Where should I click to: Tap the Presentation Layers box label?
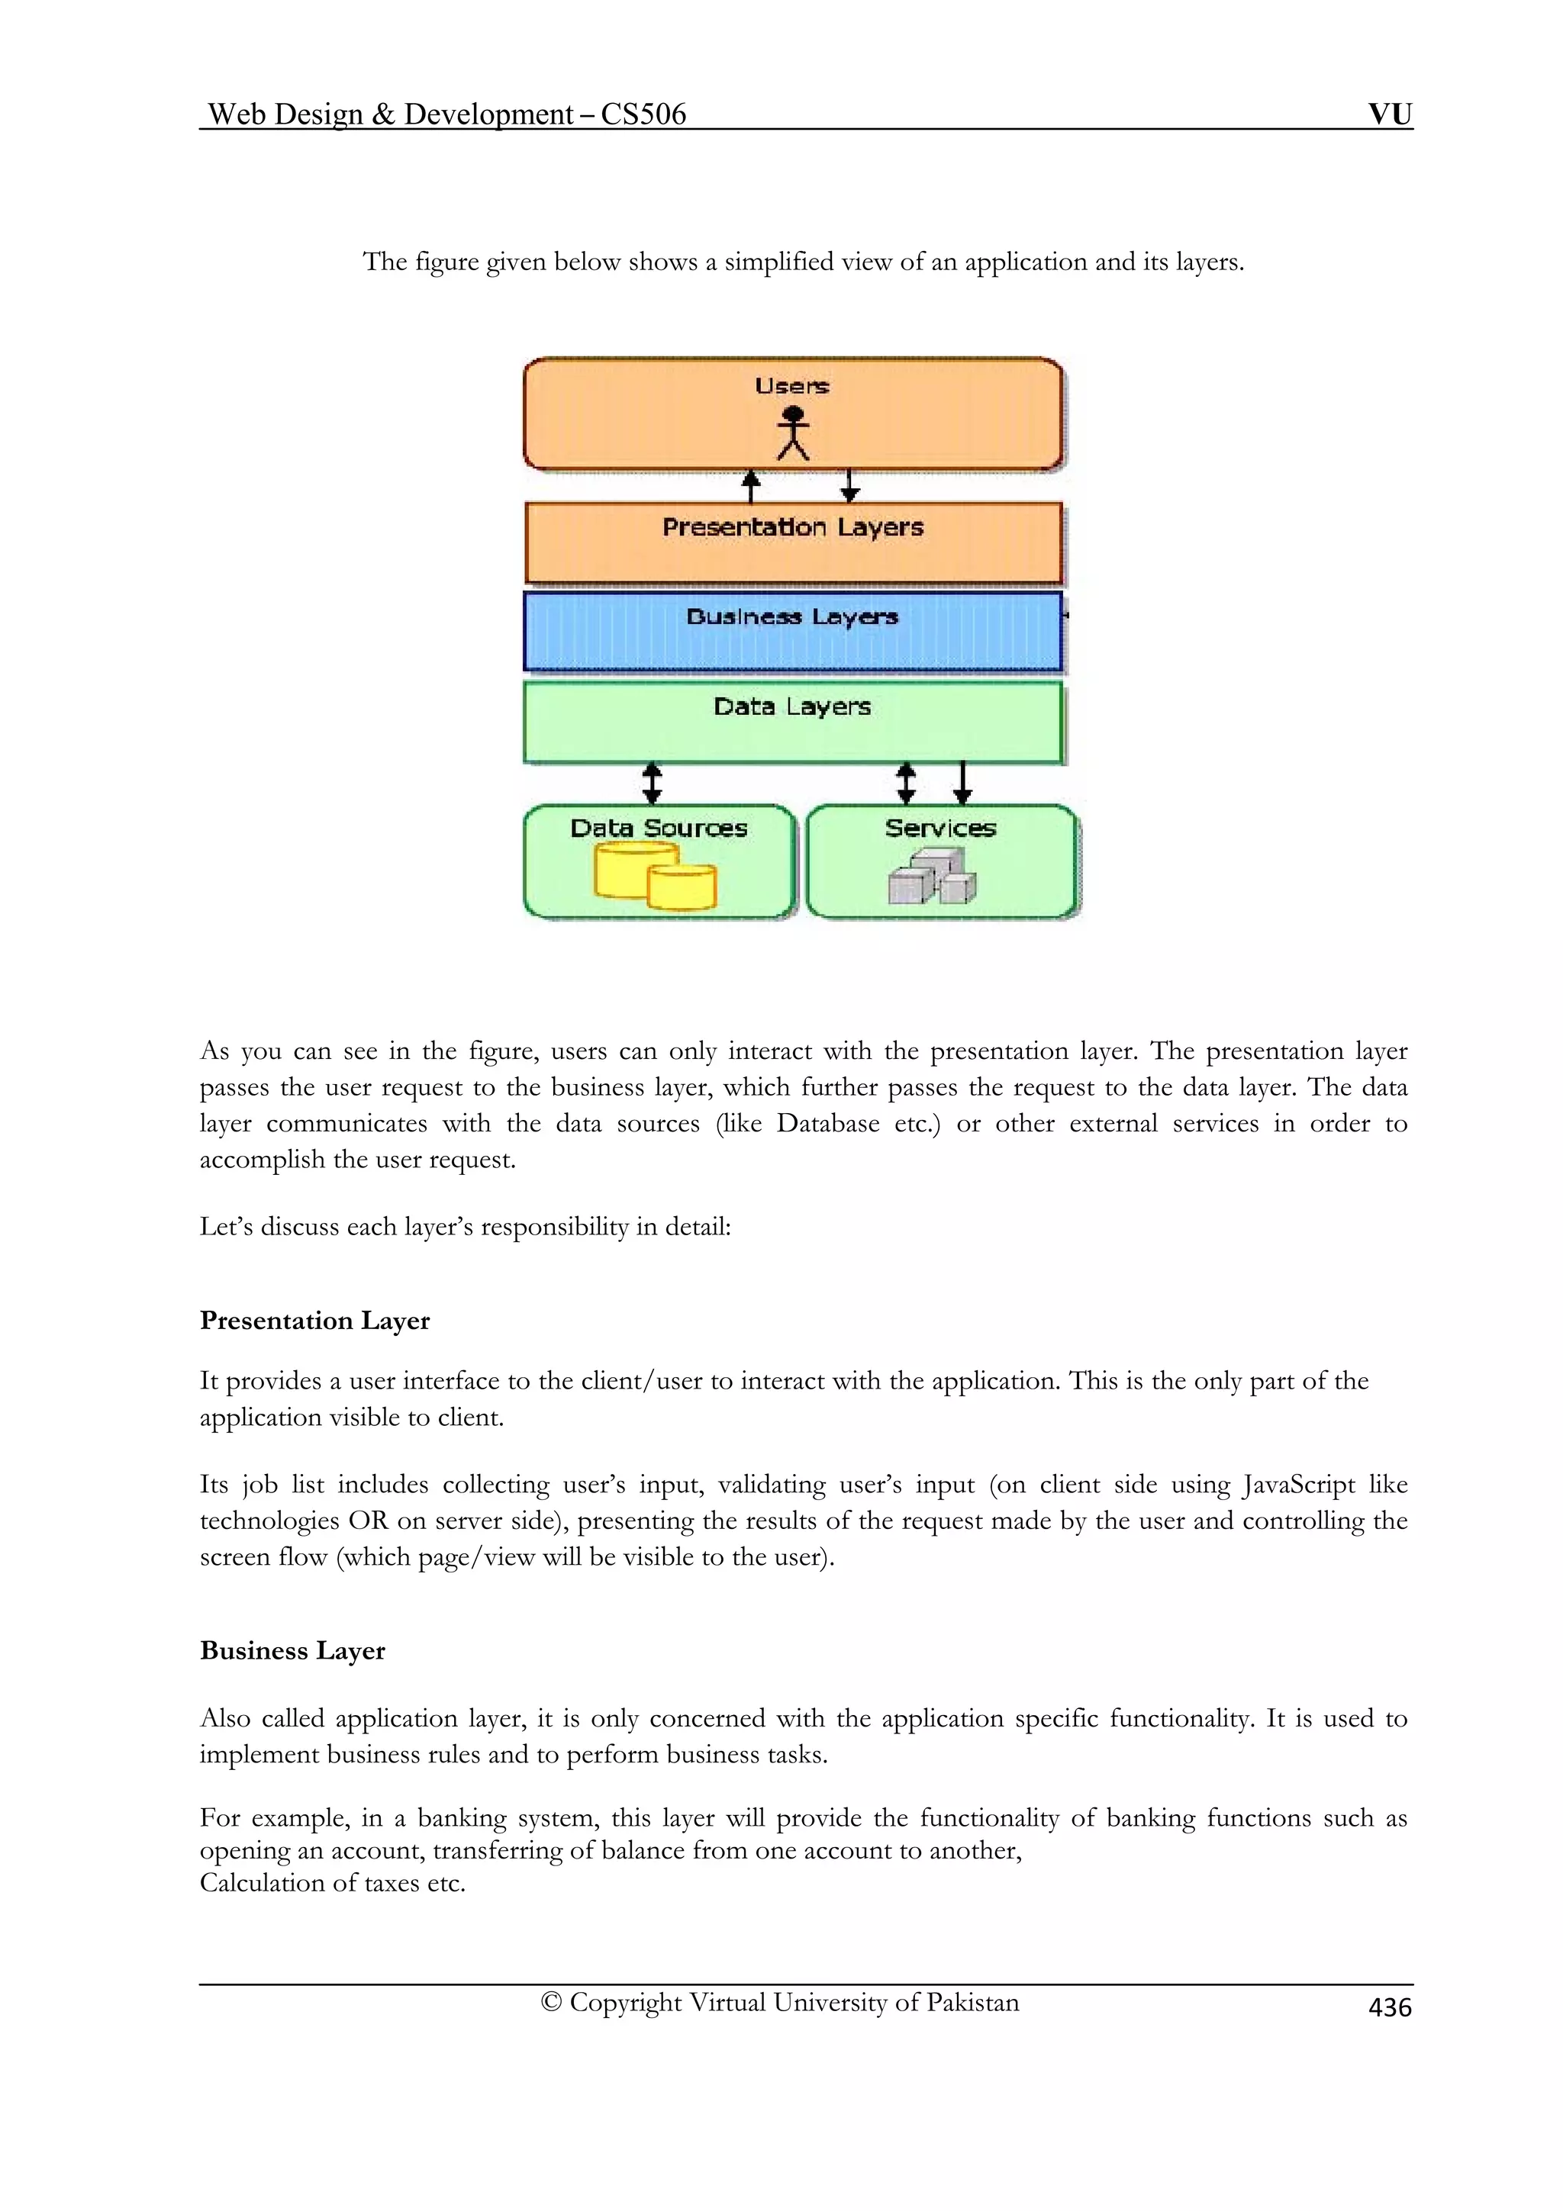coord(793,528)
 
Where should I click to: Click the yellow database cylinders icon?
coord(656,875)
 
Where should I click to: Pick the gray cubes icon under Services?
coord(931,877)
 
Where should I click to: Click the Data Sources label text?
coord(659,828)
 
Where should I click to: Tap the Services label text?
coord(940,828)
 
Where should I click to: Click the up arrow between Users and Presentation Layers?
coord(751,486)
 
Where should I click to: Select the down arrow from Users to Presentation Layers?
coord(849,486)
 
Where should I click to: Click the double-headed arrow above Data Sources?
coord(652,784)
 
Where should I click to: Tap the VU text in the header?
coord(1390,114)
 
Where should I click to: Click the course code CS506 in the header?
coord(643,114)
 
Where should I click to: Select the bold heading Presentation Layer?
coord(315,1320)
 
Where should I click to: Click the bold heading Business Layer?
coord(293,1650)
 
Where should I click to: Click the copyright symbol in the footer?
coord(551,2002)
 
